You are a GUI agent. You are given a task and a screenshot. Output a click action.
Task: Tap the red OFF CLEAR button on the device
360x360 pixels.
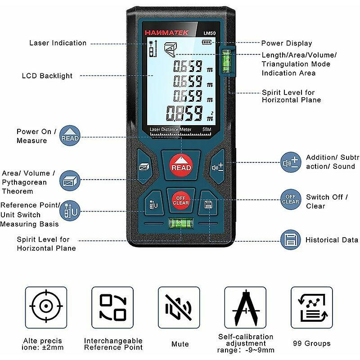click(x=181, y=200)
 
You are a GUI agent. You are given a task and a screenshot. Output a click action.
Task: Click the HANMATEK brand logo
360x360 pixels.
click(x=166, y=33)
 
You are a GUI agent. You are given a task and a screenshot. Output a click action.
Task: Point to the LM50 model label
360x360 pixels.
click(x=210, y=33)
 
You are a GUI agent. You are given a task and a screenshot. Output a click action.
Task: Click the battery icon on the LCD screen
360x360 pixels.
click(x=207, y=42)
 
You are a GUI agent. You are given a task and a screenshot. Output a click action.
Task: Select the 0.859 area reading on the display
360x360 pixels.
click(x=184, y=113)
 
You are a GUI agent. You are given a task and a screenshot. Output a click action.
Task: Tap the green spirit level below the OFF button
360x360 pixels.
click(x=181, y=223)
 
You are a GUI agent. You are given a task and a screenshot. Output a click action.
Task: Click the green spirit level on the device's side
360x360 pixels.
click(x=226, y=61)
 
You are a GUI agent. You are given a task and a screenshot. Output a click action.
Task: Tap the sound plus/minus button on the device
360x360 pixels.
click(x=217, y=167)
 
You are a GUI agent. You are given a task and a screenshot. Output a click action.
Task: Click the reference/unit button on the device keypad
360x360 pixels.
click(x=153, y=204)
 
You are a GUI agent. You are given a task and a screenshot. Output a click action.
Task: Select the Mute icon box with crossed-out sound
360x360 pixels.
click(x=179, y=307)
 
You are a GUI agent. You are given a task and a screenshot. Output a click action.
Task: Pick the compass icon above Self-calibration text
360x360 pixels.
click(x=245, y=307)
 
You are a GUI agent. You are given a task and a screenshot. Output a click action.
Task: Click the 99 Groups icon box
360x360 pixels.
click(x=312, y=307)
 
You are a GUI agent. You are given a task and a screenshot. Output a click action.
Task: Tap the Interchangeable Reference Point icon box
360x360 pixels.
click(x=112, y=307)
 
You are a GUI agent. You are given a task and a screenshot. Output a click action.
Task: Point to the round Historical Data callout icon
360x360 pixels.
click(x=290, y=240)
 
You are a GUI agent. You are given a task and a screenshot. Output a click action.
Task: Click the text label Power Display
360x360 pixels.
click(x=287, y=43)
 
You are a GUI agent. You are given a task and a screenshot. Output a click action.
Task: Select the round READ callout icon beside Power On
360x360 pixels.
click(x=70, y=135)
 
